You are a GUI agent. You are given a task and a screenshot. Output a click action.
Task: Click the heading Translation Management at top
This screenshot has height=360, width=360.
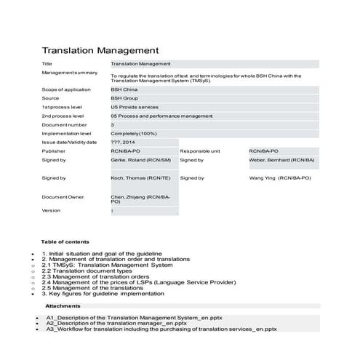pos(100,51)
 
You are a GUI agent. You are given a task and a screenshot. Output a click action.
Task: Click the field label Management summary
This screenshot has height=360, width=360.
pos(70,73)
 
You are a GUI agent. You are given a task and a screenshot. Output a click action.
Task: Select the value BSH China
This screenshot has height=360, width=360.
pos(126,89)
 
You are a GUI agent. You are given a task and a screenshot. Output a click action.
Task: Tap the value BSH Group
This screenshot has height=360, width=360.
pos(126,98)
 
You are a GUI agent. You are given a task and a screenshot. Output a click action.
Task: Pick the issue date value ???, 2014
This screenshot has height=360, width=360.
pos(124,143)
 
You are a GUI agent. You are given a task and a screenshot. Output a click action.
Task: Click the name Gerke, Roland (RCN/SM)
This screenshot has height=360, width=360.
pos(142,160)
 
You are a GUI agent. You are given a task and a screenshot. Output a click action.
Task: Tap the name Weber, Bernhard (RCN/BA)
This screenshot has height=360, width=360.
pos(281,160)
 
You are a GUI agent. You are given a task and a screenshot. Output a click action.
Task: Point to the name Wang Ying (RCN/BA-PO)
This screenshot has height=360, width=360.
pos(280,177)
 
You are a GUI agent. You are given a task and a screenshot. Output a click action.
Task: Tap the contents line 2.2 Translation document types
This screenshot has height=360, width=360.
pos(101,271)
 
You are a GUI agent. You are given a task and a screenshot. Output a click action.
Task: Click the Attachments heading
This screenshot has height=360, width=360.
pos(63,306)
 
